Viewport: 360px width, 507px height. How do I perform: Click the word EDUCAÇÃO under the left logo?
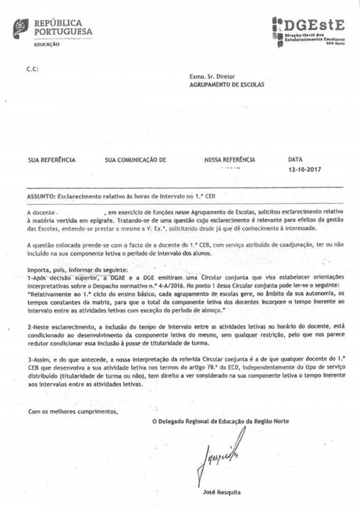(x=47, y=44)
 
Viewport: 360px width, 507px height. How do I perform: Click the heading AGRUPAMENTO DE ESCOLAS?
(x=227, y=85)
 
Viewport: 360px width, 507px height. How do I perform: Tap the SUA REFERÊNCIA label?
(x=52, y=160)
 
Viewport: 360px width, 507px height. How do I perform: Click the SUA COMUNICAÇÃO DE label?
(x=136, y=160)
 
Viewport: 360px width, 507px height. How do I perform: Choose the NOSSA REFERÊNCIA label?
(x=230, y=160)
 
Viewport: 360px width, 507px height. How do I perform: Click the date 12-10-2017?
(x=306, y=169)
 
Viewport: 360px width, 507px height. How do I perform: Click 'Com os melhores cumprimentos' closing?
(x=73, y=412)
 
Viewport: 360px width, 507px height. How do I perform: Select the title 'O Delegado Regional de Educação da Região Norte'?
(x=221, y=421)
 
